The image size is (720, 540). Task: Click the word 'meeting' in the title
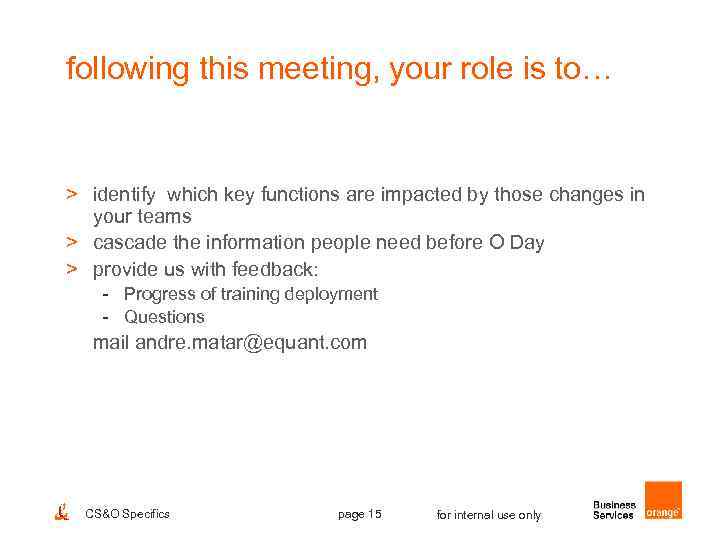(x=290, y=69)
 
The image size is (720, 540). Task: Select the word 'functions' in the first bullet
(x=306, y=194)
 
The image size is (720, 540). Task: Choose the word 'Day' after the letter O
(x=526, y=243)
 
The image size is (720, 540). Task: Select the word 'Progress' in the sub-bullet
(x=160, y=294)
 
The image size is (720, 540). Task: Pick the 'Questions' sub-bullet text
(x=164, y=317)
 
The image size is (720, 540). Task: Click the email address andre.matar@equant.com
(x=250, y=343)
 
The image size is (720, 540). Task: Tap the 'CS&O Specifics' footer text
(x=128, y=514)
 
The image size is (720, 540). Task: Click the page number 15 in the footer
(x=360, y=514)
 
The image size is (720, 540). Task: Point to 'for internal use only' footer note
(x=489, y=515)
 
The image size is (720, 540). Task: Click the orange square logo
(x=663, y=500)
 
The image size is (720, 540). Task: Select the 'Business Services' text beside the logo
(x=614, y=510)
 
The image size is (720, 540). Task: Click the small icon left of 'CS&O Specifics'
(x=60, y=512)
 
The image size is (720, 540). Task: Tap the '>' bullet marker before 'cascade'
(x=72, y=243)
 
